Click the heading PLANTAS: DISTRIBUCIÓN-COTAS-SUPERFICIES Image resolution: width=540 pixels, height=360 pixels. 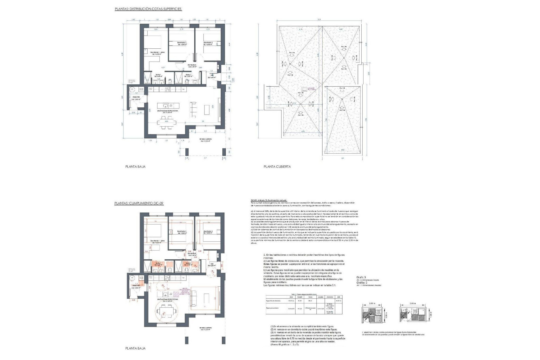click(148, 9)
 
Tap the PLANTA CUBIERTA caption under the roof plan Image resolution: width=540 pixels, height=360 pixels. click(277, 166)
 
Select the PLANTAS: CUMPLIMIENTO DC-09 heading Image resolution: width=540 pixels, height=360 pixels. click(139, 203)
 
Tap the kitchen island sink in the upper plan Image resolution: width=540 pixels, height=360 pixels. click(166, 105)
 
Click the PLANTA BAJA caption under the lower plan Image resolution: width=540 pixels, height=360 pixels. click(135, 348)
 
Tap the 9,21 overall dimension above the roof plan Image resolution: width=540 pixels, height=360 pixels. click(319, 20)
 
